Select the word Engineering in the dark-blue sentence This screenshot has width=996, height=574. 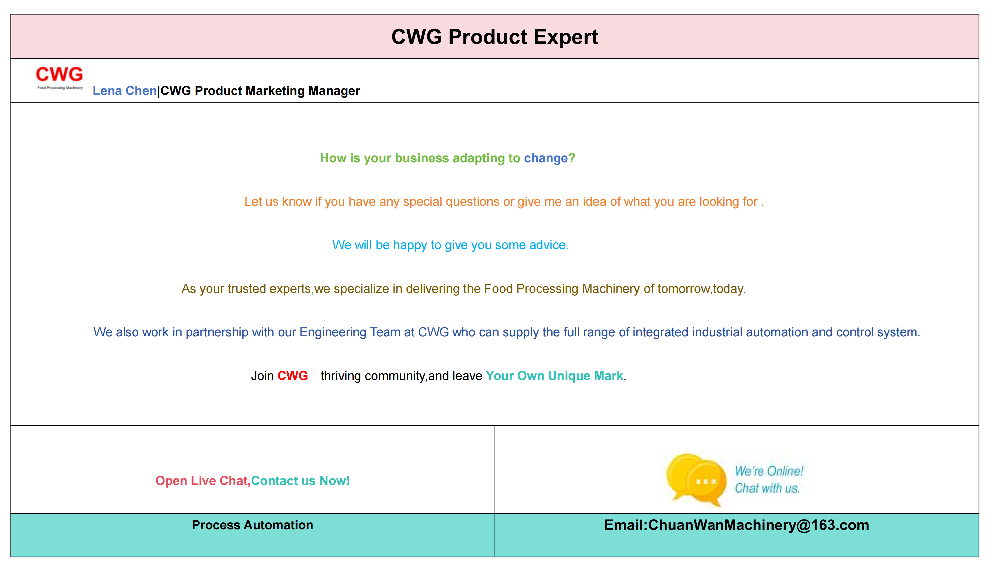coord(332,332)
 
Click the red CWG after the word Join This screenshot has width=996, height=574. coord(292,376)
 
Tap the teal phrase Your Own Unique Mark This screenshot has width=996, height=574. coord(554,376)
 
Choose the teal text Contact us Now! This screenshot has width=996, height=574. coord(300,481)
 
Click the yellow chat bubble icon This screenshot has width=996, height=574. coord(696,479)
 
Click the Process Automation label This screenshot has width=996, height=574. coord(253,525)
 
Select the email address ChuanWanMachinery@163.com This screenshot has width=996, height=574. coord(758,525)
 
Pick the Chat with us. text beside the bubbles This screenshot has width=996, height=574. coord(767,488)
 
